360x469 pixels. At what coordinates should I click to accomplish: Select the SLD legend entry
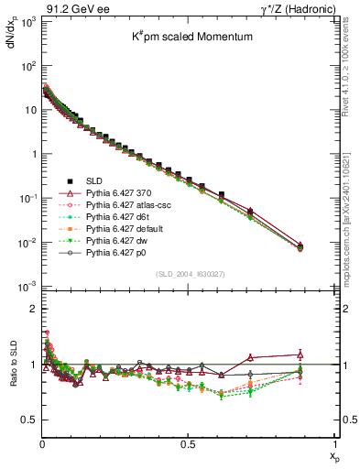pyautogui.click(x=97, y=181)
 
